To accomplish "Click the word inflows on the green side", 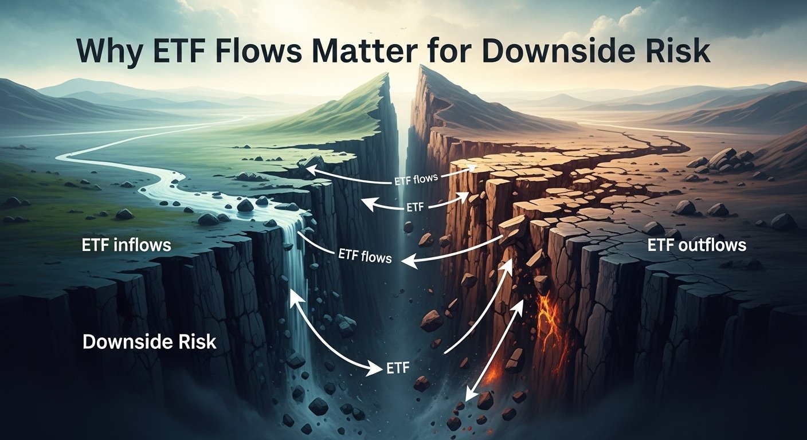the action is click(x=140, y=245).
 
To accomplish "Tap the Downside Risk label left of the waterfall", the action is click(x=149, y=342).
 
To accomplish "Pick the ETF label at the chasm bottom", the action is click(x=395, y=368).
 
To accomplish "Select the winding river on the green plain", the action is click(x=143, y=183).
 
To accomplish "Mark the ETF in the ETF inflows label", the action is click(x=95, y=245).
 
